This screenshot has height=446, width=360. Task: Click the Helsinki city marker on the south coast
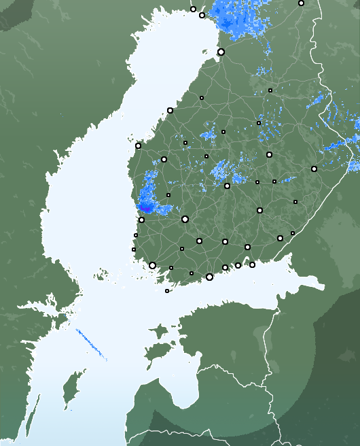point(209,277)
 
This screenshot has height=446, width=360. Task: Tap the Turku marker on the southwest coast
point(152,265)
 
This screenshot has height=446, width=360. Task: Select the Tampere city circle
point(185,219)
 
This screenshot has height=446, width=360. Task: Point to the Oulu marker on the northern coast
point(221,52)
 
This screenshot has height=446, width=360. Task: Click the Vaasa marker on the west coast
point(138,145)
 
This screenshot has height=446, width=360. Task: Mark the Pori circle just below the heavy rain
point(141,220)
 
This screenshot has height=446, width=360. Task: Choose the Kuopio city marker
point(269,154)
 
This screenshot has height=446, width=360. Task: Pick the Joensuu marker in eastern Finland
point(314,169)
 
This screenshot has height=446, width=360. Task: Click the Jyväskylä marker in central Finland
point(227,186)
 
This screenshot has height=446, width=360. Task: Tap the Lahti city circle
point(225,241)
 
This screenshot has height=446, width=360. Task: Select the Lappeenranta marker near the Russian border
point(280,238)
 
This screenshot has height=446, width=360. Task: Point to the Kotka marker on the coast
point(252,264)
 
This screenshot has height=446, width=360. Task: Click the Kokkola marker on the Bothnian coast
point(170,110)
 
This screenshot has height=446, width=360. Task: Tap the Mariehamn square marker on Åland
point(167,291)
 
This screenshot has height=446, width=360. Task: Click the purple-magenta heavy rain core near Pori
point(144,207)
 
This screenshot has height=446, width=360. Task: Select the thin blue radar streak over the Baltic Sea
point(91,344)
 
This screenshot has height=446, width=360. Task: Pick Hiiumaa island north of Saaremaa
point(158,332)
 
